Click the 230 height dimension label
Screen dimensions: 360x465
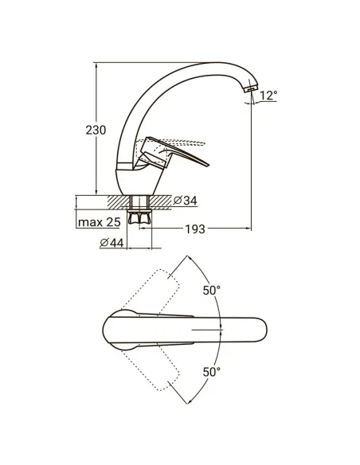tap(96, 131)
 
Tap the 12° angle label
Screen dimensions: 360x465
tap(268, 96)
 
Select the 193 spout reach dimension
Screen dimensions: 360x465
tap(195, 229)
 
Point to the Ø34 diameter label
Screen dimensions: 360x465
tap(185, 201)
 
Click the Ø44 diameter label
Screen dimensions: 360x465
tap(112, 243)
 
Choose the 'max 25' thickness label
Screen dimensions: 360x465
tap(100, 222)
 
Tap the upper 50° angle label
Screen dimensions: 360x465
tap(211, 291)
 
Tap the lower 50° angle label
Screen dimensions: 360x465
tap(211, 372)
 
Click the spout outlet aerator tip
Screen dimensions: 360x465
tap(251, 88)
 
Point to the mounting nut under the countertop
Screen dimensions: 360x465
tap(139, 217)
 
